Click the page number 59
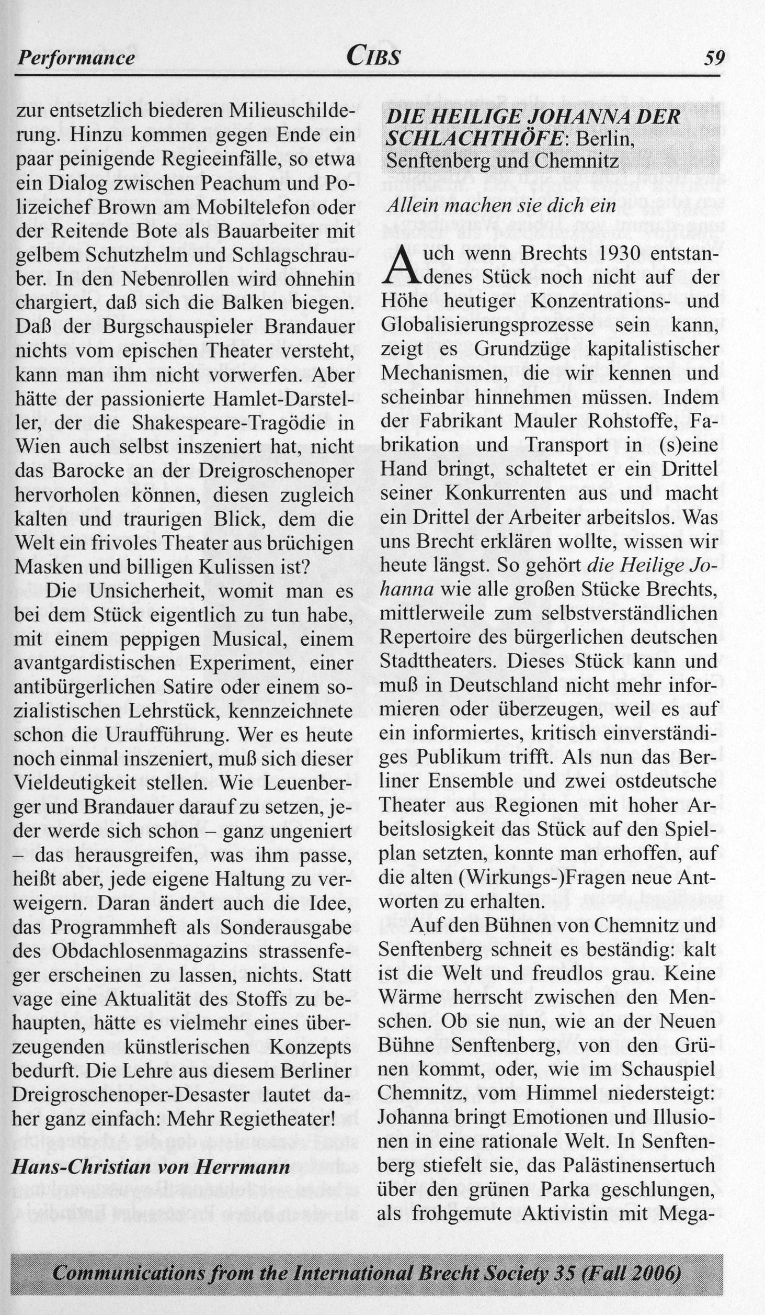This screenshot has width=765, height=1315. click(715, 57)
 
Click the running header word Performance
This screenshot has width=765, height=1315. click(76, 58)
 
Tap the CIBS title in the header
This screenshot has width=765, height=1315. click(374, 55)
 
